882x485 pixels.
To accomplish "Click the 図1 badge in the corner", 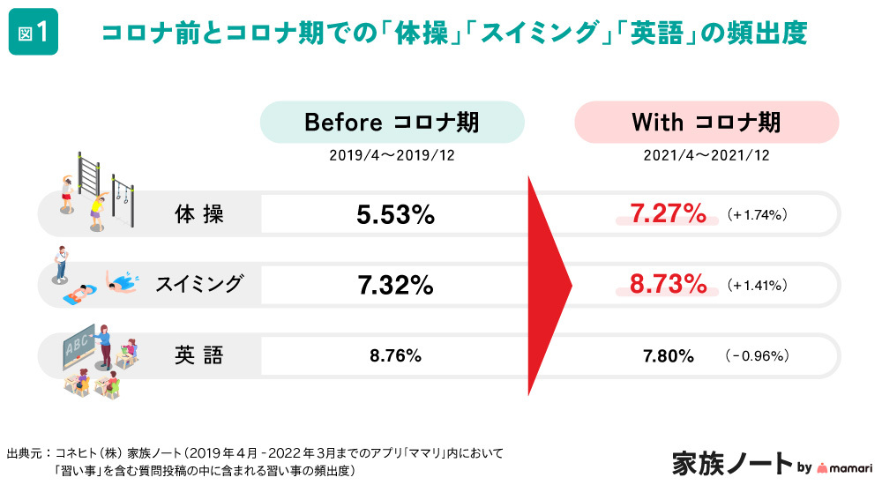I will [x=34, y=34].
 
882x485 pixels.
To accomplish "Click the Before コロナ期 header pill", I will [x=392, y=123].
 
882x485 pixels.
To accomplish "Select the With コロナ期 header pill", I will [x=706, y=123].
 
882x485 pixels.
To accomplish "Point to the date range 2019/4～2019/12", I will [x=392, y=154].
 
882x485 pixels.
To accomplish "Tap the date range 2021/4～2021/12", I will [x=706, y=154].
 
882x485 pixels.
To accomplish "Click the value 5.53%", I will [x=395, y=214].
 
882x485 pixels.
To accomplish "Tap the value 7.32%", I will [x=395, y=285].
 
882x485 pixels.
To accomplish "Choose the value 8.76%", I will [x=395, y=356].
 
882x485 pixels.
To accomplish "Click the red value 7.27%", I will [x=668, y=213].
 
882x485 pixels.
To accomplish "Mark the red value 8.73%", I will [x=668, y=284].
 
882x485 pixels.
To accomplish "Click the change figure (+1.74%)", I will [x=757, y=214].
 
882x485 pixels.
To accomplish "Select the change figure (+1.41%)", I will [x=757, y=286].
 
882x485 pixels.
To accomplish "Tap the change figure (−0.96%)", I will [x=756, y=356].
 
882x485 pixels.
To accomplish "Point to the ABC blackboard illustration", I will [x=77, y=345].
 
